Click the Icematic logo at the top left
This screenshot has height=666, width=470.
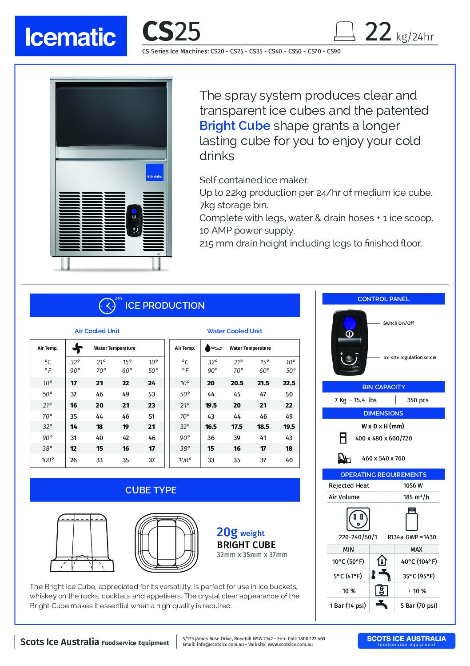[71, 36]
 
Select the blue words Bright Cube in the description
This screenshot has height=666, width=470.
[235, 125]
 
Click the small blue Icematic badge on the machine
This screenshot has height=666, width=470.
[155, 172]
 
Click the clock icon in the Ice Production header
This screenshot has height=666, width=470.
[107, 306]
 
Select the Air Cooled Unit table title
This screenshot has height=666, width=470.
[97, 331]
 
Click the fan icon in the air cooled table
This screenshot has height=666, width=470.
[77, 348]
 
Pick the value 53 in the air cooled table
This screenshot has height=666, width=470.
[152, 394]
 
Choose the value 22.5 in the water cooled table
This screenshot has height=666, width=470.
[289, 383]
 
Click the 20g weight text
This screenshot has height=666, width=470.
[240, 532]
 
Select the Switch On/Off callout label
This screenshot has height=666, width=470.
[398, 323]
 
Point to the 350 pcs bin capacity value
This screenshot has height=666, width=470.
[418, 400]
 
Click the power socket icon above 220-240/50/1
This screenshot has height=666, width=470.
[358, 519]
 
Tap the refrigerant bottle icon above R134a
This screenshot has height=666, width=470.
[411, 518]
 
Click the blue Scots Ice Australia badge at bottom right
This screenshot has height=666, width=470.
[406, 641]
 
